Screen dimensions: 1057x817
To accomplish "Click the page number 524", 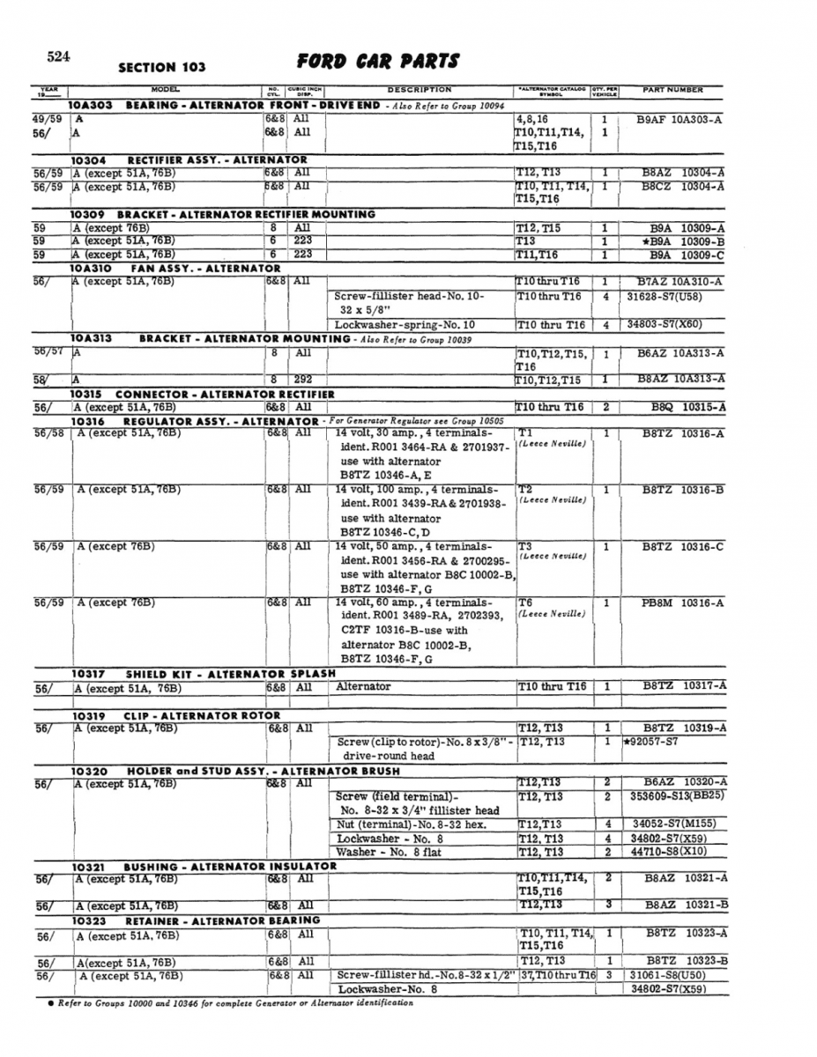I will [59, 57].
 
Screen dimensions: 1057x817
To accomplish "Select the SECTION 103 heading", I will [161, 67].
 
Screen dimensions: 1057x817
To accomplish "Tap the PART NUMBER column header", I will [672, 90].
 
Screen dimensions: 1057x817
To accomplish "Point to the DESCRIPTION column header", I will [419, 90].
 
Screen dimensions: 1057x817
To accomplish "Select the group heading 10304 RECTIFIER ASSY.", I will [189, 159].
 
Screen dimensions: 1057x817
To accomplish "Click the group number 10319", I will [88, 715].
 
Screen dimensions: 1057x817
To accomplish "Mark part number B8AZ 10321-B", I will [686, 905].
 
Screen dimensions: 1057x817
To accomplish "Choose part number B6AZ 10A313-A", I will [681, 353].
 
